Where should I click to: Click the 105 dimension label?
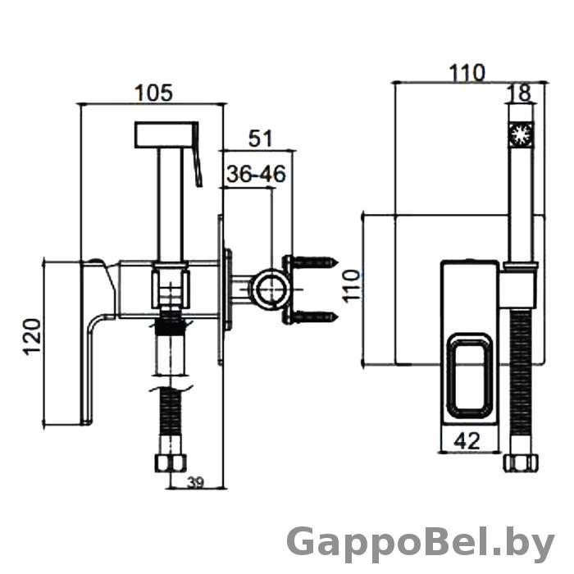[x=154, y=93]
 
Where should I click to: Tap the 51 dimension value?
[x=261, y=139]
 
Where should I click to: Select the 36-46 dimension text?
[x=256, y=174]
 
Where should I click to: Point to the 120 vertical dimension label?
[x=32, y=337]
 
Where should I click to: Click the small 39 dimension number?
[x=195, y=483]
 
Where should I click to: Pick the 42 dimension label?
[x=467, y=441]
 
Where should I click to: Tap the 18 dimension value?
[x=522, y=93]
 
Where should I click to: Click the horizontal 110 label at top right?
[x=467, y=73]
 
